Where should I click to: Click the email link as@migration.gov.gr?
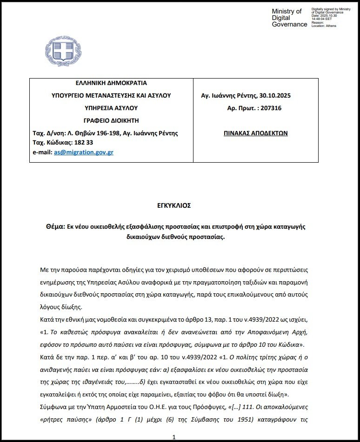[x=83, y=152]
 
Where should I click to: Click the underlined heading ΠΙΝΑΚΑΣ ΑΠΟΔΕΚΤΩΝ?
[x=256, y=133]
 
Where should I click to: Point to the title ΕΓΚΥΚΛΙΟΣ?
[x=173, y=205]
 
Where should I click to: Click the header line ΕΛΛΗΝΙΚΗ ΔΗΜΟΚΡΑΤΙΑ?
[x=111, y=83]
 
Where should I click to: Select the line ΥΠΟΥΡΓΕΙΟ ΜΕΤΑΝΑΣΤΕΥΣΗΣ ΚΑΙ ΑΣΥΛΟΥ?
[x=111, y=96]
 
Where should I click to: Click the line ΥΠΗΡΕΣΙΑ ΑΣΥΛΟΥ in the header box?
[x=111, y=108]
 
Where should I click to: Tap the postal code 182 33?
[x=84, y=142]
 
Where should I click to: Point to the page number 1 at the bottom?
[x=173, y=437]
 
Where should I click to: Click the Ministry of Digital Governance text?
[x=289, y=18]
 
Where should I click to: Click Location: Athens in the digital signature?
[x=324, y=26]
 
